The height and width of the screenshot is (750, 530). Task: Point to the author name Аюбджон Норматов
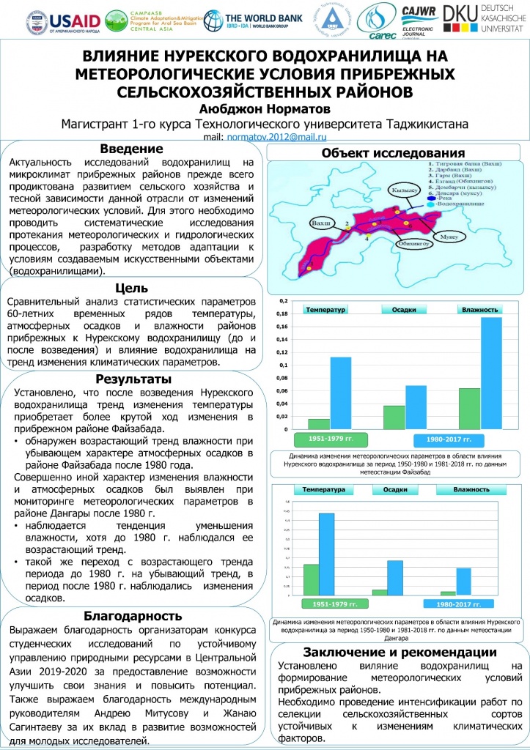(264, 107)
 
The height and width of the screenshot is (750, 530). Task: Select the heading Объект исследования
(394, 153)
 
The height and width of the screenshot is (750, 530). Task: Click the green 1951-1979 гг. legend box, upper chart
(325, 439)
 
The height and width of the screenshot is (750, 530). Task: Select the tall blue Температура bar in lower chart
(326, 554)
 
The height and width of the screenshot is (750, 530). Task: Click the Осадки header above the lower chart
(395, 489)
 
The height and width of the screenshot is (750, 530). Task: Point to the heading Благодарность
(133, 616)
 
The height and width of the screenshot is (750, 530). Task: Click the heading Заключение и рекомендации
(400, 653)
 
